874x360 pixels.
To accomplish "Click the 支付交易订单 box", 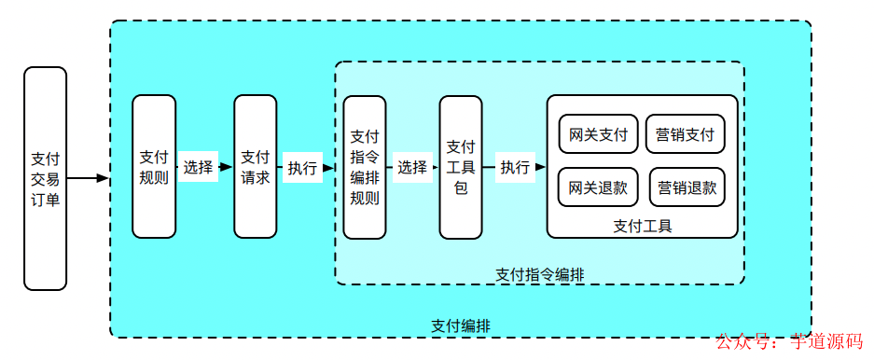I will point(45,178).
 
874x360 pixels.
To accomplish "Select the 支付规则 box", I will point(154,167).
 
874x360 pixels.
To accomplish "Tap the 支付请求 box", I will point(256,167).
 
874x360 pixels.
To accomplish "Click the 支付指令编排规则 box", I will point(365,167).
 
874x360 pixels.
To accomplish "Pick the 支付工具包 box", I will point(461,167).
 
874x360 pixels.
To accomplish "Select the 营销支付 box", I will point(685,134).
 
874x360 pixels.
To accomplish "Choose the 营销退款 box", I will point(685,187).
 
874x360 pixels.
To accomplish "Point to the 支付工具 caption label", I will point(643,225).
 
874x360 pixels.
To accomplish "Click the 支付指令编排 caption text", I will point(540,274).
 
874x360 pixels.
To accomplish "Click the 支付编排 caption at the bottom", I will point(461,325).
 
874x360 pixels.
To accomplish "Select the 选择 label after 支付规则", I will point(198,168).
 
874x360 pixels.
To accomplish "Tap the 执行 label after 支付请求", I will point(301,168).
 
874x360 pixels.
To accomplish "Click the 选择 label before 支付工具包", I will point(411,168).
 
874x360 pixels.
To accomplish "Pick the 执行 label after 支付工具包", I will point(515,168).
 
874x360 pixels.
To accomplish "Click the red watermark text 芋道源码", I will point(825,342).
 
